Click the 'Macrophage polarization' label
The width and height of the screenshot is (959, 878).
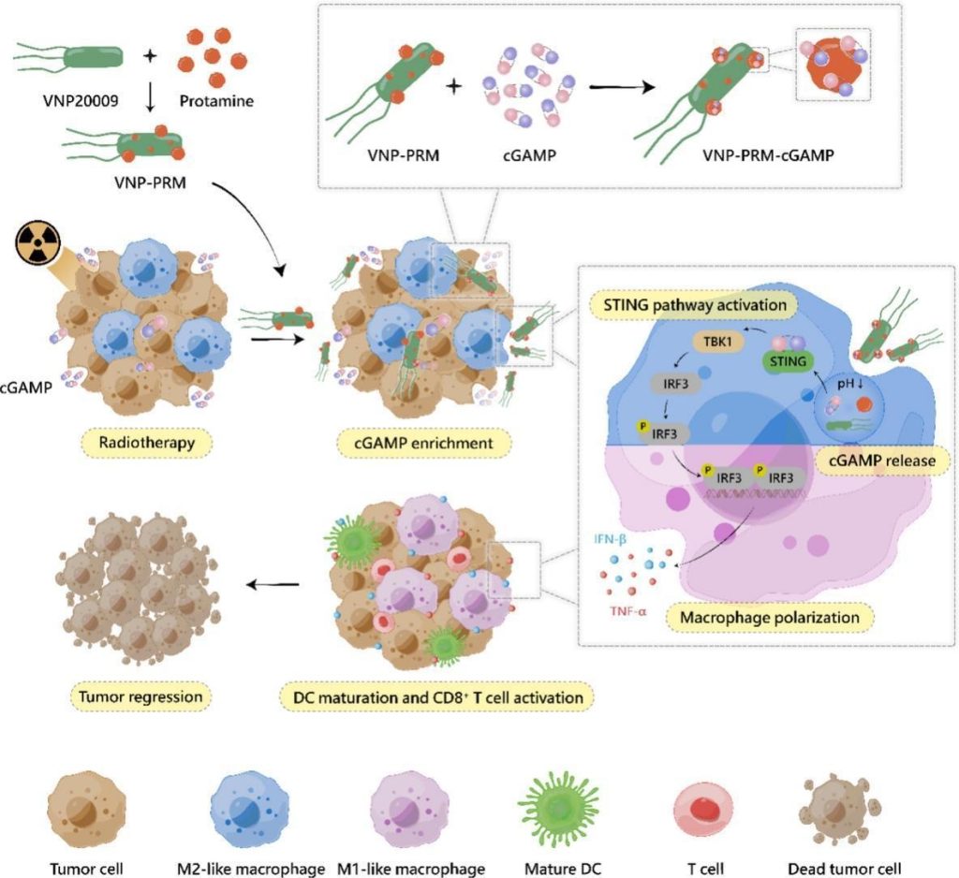coord(769,618)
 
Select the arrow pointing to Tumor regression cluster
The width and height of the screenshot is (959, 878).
coord(272,586)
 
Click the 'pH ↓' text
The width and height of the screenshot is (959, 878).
coord(849,383)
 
